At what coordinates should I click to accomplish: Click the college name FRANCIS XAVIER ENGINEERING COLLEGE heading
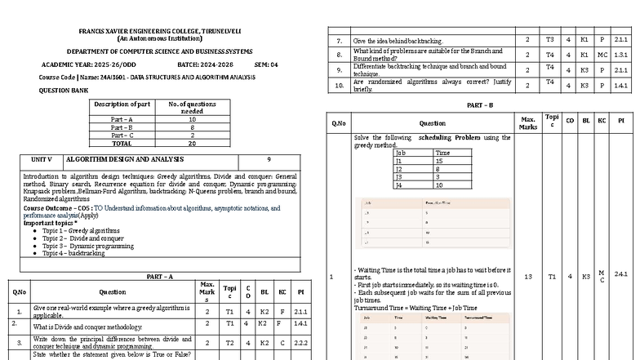click(x=159, y=31)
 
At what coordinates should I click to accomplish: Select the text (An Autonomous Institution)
click(x=159, y=38)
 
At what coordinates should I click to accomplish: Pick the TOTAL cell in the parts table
click(x=122, y=143)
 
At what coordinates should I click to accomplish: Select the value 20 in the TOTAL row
click(x=192, y=143)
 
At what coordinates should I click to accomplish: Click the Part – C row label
click(x=122, y=135)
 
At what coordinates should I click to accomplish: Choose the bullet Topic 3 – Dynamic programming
click(x=88, y=246)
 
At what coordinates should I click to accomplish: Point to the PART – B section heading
click(x=479, y=105)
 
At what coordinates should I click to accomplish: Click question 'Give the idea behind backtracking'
click(x=398, y=40)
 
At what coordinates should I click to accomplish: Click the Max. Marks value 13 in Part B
click(x=527, y=277)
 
